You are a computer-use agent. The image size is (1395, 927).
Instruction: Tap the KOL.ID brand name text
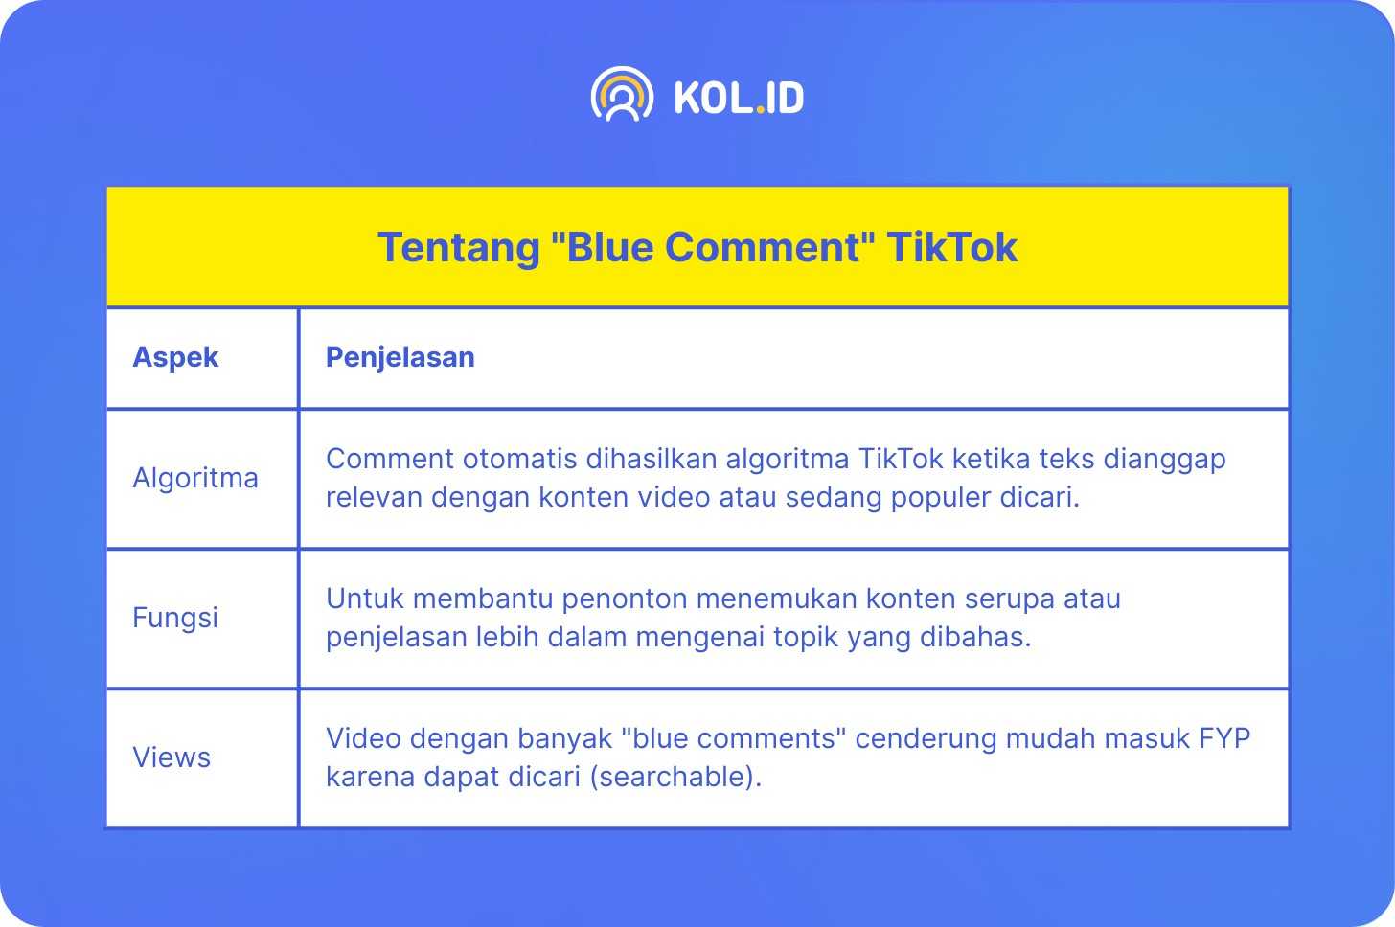tap(740, 98)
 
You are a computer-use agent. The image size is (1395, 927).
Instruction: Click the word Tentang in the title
tap(458, 248)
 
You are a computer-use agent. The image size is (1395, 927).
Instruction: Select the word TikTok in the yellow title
tap(952, 247)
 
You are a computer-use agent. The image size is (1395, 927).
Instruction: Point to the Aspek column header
tap(175, 357)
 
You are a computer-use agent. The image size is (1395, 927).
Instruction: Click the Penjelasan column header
tap(400, 357)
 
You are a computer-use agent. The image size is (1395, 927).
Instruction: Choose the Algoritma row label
tap(195, 478)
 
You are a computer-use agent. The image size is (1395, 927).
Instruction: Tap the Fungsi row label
tap(175, 618)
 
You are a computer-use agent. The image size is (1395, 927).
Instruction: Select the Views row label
tap(172, 757)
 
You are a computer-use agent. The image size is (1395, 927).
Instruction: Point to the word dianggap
tap(1165, 460)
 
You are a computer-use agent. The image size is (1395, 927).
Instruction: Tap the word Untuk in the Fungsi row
tap(364, 599)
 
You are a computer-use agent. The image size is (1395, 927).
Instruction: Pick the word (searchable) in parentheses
tap(675, 777)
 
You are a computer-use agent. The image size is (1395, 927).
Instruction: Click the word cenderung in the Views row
tap(926, 738)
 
